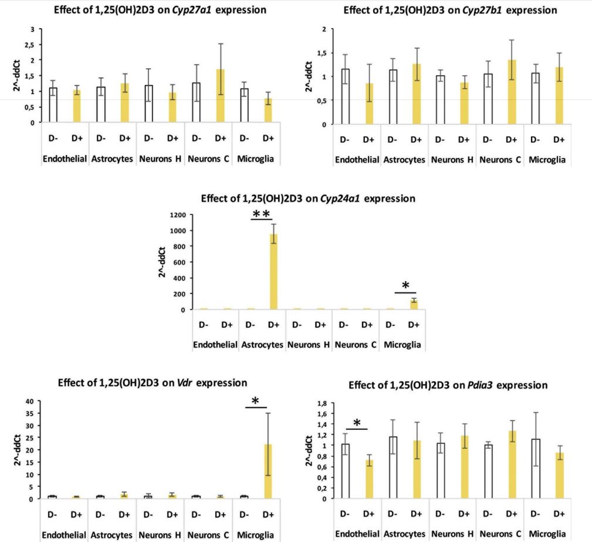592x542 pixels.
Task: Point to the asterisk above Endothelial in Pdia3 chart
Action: (357, 423)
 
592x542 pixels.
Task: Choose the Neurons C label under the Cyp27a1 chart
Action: (207, 159)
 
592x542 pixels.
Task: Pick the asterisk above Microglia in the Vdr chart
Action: (255, 401)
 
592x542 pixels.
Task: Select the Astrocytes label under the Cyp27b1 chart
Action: (404, 160)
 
